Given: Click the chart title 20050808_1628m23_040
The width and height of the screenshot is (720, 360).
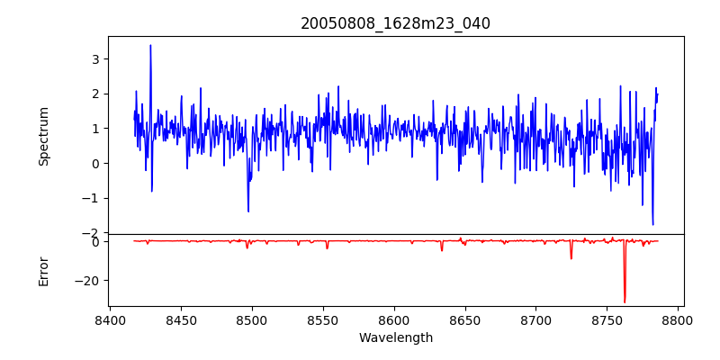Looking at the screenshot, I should pos(395,23).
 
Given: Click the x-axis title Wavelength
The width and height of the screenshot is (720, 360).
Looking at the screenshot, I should pos(395,337).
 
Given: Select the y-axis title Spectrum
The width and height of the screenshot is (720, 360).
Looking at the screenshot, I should pos(43,136).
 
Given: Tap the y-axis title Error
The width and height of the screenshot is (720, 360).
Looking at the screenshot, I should pos(43,271).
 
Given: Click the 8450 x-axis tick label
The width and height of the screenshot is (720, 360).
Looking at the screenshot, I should pos(181,319).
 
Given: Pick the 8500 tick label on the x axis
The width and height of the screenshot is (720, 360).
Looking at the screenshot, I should pos(252,319).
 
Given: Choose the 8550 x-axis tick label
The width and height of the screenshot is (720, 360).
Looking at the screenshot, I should pos(323,319).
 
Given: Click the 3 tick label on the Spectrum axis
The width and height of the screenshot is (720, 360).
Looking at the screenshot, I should pos(94,58).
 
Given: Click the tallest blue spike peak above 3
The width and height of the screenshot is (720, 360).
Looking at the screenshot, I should pos(150,45).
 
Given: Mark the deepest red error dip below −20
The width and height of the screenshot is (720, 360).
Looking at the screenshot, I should pos(625,302).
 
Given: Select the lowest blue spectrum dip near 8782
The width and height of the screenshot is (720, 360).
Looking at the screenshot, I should pos(652,224).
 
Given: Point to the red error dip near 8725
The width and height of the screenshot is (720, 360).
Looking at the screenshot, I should pos(571,258).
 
